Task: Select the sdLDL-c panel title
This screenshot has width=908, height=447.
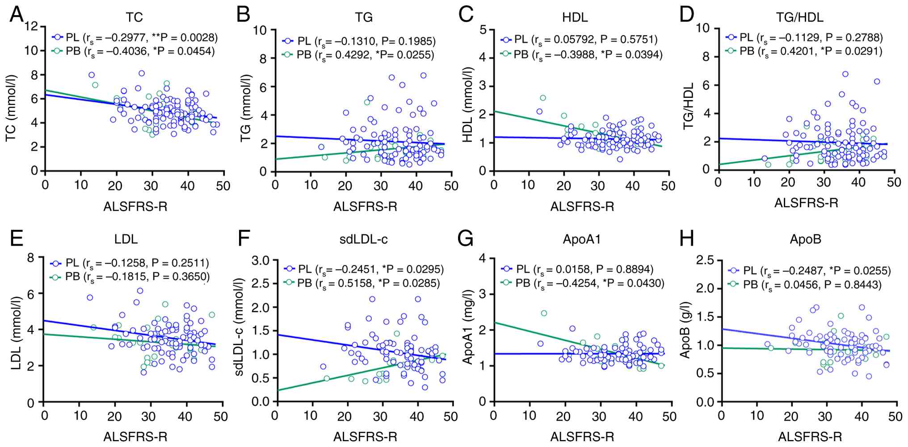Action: tap(363, 239)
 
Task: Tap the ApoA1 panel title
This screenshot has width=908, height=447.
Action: tap(582, 239)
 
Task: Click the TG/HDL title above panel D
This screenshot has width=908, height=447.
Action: tap(799, 17)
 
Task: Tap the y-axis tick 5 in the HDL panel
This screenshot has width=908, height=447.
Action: tap(483, 29)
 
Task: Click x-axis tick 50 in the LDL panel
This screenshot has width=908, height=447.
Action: tap(221, 417)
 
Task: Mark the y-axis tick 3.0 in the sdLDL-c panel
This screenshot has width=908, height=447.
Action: tap(261, 260)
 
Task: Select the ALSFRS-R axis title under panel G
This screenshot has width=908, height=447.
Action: tap(582, 436)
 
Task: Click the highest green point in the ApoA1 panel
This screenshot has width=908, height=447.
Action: tap(544, 313)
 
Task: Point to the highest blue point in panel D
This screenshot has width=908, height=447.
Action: tap(845, 74)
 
